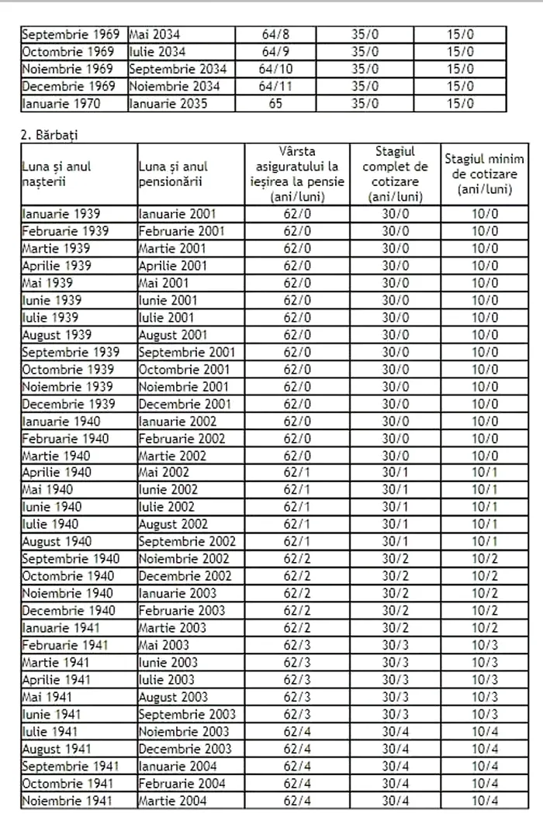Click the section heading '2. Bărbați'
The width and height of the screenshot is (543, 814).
point(49,135)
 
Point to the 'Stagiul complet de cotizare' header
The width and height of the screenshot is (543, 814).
point(395,174)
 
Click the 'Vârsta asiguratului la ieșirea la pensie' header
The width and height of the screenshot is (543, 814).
point(297,174)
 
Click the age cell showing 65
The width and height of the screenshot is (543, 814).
point(275,103)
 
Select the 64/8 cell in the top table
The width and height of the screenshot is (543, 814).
point(275,35)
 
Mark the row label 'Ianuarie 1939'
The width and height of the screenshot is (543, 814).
point(61,214)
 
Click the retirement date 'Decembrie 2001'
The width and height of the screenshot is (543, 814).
point(185,404)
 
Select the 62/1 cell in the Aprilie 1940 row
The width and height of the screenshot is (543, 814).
point(297,472)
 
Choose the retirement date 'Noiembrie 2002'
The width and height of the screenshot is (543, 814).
point(184,559)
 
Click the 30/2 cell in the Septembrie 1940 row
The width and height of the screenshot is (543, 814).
point(395,559)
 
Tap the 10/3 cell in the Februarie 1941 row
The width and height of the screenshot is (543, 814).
point(485,645)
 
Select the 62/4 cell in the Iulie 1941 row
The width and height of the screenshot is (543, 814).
point(297,732)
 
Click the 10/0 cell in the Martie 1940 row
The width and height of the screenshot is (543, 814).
point(485,456)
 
